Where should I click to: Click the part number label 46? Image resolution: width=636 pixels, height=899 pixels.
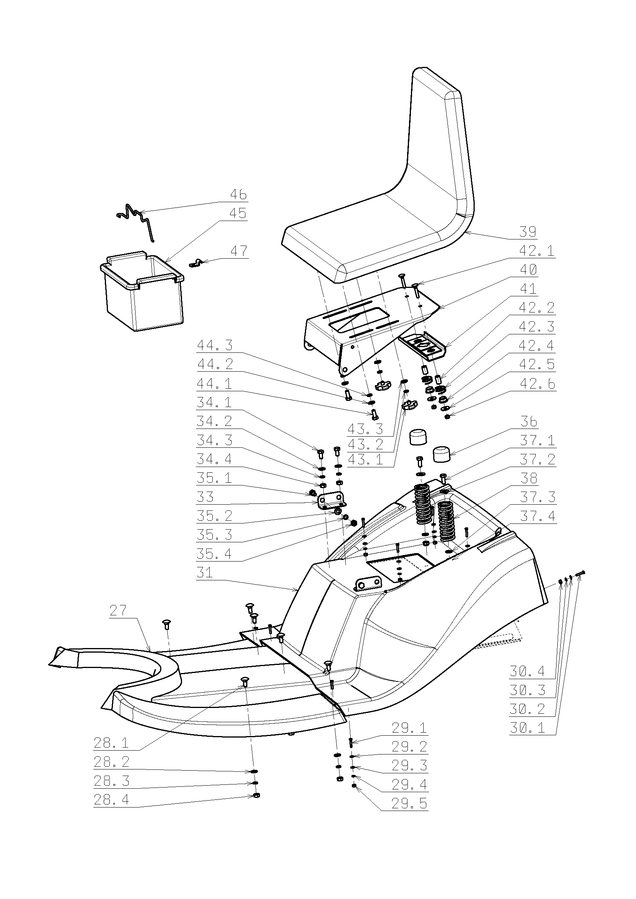pyautogui.click(x=238, y=194)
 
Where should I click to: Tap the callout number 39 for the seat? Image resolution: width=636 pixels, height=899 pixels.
pyautogui.click(x=528, y=232)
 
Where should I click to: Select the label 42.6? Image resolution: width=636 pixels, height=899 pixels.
pyautogui.click(x=537, y=384)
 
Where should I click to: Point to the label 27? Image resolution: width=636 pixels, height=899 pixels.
pyautogui.click(x=118, y=611)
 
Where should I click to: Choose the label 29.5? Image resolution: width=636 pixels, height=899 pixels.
pyautogui.click(x=410, y=804)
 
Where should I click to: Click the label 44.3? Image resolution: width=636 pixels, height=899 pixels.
pyautogui.click(x=215, y=345)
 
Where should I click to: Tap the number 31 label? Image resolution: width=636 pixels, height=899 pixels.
pyautogui.click(x=204, y=573)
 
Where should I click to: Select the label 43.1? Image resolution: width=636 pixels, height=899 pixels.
pyautogui.click(x=366, y=460)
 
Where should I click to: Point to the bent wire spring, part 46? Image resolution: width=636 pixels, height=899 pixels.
pyautogui.click(x=136, y=220)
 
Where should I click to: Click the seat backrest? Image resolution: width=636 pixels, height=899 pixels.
pyautogui.click(x=439, y=145)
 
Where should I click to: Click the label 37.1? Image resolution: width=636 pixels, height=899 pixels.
pyautogui.click(x=537, y=441)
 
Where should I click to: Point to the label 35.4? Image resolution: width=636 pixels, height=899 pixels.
pyautogui.click(x=214, y=554)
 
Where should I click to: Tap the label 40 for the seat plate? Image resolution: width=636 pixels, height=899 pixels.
pyautogui.click(x=528, y=269)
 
